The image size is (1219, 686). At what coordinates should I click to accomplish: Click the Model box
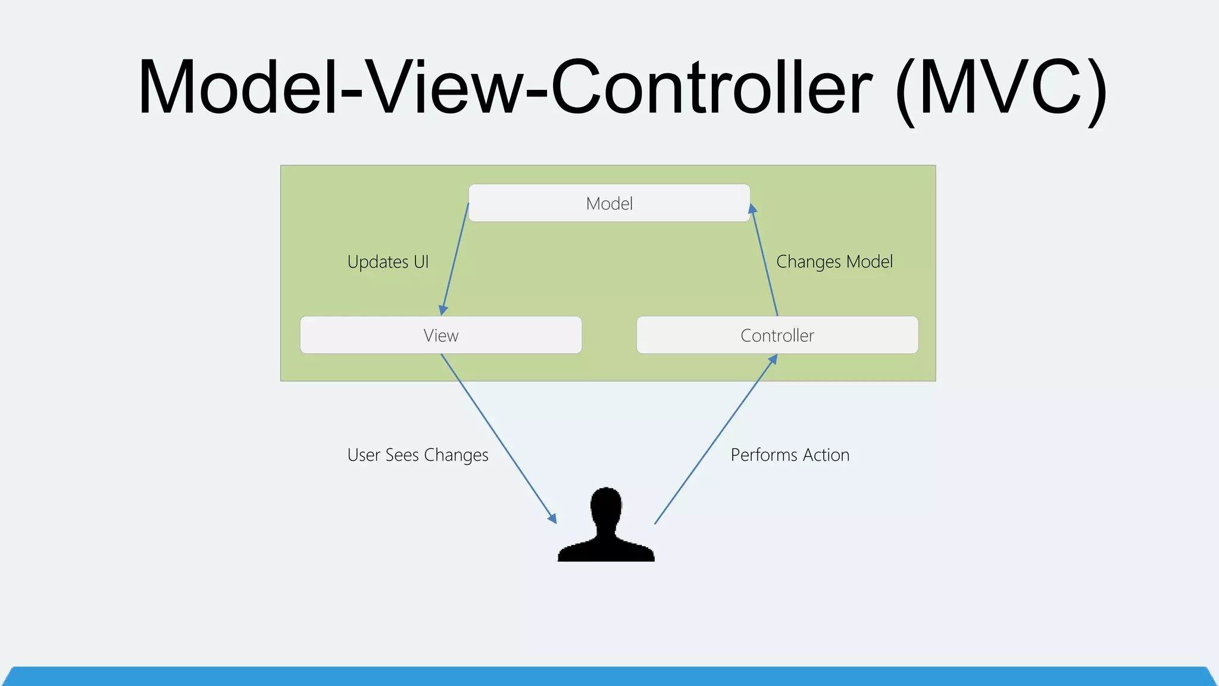point(609,203)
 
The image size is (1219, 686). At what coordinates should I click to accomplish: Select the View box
point(440,335)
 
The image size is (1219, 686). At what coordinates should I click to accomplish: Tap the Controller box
point(777,335)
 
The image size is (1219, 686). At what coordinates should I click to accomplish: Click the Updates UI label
point(388,262)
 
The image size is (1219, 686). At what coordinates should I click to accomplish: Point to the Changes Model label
point(834,262)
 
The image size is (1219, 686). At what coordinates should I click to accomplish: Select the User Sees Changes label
point(418,455)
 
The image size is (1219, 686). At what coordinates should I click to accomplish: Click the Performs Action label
point(790,455)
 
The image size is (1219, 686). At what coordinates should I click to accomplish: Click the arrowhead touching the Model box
point(752,209)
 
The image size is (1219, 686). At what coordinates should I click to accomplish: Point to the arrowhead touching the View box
point(443,310)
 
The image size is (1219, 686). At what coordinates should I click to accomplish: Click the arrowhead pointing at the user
point(552,517)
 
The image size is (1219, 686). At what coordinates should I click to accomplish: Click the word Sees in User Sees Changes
point(402,455)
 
